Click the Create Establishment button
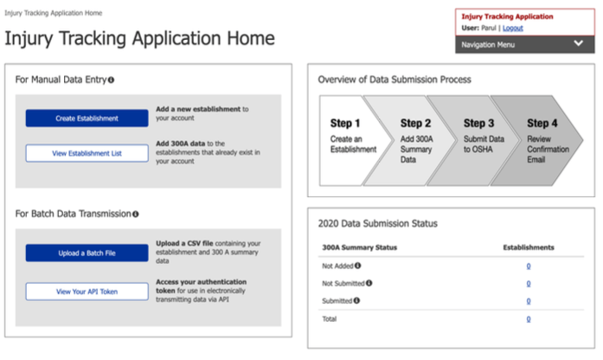tap(87, 118)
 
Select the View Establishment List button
tap(87, 153)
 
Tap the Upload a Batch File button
tap(87, 253)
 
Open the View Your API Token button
tap(87, 291)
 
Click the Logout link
tap(512, 28)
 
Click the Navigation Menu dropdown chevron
tap(578, 44)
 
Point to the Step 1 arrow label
tap(346, 124)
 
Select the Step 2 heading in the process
tap(416, 124)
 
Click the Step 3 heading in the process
tap(479, 124)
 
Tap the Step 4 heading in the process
tap(542, 124)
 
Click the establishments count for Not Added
tap(528, 266)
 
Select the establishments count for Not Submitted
tap(528, 283)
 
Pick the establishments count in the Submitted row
tap(528, 300)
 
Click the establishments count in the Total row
tap(528, 319)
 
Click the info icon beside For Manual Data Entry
tap(111, 80)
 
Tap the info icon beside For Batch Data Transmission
tap(136, 214)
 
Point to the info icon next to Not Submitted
tap(369, 283)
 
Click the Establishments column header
tap(528, 247)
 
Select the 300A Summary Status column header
tap(359, 247)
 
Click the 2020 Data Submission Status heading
tap(377, 223)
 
